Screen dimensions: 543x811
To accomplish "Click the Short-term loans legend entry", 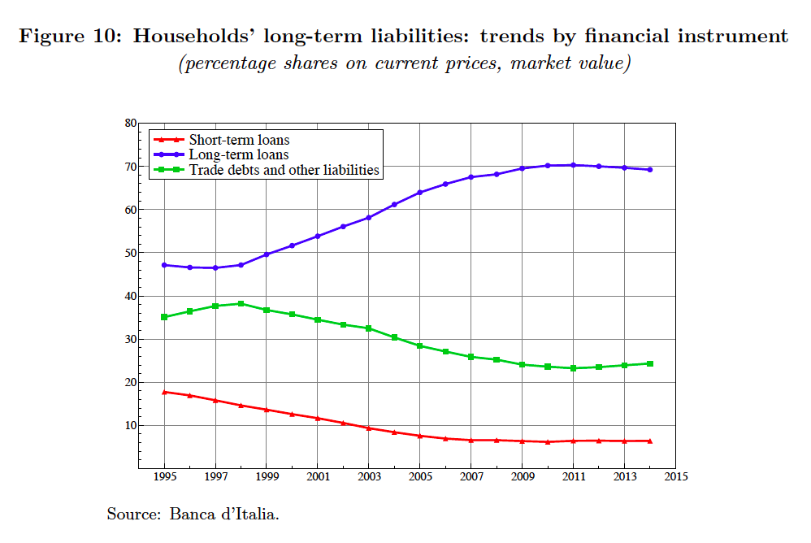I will point(239,140).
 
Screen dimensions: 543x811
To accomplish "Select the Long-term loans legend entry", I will point(238,154).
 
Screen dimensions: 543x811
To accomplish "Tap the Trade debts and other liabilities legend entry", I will point(284,170).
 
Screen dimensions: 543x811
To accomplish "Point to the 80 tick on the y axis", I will point(129,123).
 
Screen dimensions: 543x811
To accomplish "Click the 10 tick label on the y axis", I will point(129,425).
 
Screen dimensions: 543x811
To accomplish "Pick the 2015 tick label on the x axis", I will point(675,476).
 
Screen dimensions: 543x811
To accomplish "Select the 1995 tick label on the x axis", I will point(164,476).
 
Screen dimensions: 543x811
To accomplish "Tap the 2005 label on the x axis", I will point(420,476).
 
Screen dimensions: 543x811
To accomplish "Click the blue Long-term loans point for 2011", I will point(573,165).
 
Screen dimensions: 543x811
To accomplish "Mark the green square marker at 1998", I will point(241,304).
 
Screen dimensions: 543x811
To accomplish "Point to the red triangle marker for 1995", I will point(164,392).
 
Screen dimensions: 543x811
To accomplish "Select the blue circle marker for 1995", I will point(164,265).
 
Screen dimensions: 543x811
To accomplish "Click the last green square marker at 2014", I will point(650,363).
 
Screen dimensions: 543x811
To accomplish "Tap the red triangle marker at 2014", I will point(650,441).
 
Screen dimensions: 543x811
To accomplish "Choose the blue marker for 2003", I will point(369,217).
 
